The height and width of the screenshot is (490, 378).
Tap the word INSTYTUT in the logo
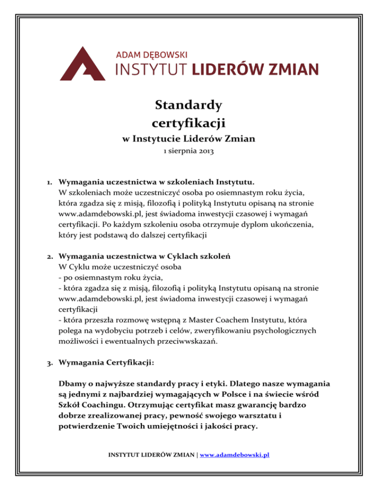(151, 69)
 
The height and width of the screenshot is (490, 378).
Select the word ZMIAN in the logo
(291, 69)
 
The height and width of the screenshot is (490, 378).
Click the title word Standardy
(189, 105)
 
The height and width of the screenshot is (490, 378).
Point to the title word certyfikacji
(189, 121)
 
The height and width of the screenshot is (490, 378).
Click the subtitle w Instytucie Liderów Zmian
(189, 139)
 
